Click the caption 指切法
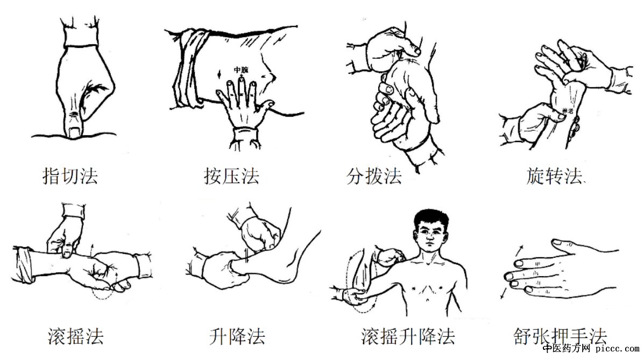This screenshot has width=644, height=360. click(x=70, y=176)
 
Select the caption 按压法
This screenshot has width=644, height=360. click(x=231, y=176)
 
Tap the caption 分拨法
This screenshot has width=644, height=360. click(x=374, y=176)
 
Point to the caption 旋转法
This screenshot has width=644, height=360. click(x=554, y=176)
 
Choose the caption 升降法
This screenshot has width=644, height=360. click(x=237, y=336)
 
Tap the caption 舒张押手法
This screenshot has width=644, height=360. click(x=560, y=336)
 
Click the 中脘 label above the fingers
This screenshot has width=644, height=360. click(x=240, y=70)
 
